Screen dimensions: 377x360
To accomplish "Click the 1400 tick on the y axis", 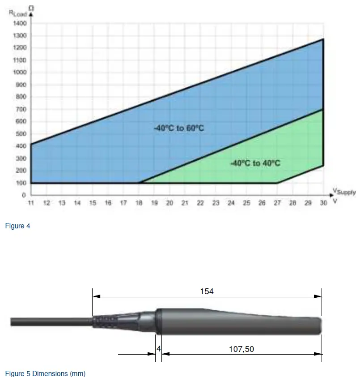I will (21, 23).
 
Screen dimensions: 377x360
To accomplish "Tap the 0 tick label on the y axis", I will (24, 195).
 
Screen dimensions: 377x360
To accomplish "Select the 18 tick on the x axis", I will (139, 203).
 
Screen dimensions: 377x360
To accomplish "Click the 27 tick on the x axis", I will (277, 203).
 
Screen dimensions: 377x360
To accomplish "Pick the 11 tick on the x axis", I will (31, 203).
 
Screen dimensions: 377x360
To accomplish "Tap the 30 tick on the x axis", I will (323, 203).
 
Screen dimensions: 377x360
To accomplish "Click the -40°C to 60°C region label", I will (179, 128).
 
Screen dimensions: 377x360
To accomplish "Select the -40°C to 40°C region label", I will (255, 163).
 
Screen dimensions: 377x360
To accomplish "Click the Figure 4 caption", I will (17, 226).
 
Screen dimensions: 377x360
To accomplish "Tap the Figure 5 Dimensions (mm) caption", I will (45, 373).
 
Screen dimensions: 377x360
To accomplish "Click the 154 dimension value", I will (207, 291).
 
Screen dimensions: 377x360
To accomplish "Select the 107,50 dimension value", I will (241, 349).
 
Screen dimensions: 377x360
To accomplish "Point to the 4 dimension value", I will (158, 349).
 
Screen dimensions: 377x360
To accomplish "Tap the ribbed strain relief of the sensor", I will (106, 321).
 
